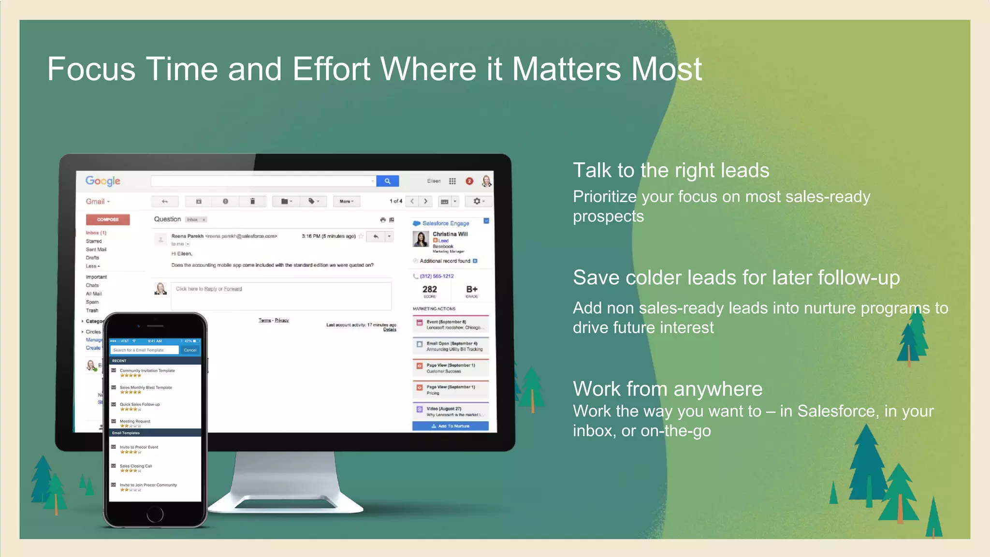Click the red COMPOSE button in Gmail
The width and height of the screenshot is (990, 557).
coord(108,220)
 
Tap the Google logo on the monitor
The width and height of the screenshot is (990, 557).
coord(103,181)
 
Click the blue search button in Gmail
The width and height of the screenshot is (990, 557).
coord(387,181)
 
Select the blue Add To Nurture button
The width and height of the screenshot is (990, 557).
coord(450,426)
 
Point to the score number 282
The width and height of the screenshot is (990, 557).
coord(429,289)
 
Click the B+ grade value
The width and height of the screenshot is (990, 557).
coord(472,289)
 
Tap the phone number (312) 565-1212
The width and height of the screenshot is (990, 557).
coord(437,276)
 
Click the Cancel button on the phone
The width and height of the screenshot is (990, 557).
coord(190,350)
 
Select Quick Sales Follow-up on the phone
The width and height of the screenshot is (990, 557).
coord(140,405)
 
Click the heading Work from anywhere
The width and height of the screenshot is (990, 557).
coord(668,389)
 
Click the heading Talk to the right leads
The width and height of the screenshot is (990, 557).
coord(671,171)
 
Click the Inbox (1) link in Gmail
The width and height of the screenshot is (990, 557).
coord(96,233)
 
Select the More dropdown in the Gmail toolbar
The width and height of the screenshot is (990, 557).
coord(347,201)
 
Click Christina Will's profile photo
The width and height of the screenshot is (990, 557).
coord(421,239)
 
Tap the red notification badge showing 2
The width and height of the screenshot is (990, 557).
coord(469,181)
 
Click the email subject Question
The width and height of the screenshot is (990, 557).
coord(167,219)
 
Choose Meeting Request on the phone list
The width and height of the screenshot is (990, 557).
coord(135,422)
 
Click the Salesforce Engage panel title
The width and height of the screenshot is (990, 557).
coord(445,223)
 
